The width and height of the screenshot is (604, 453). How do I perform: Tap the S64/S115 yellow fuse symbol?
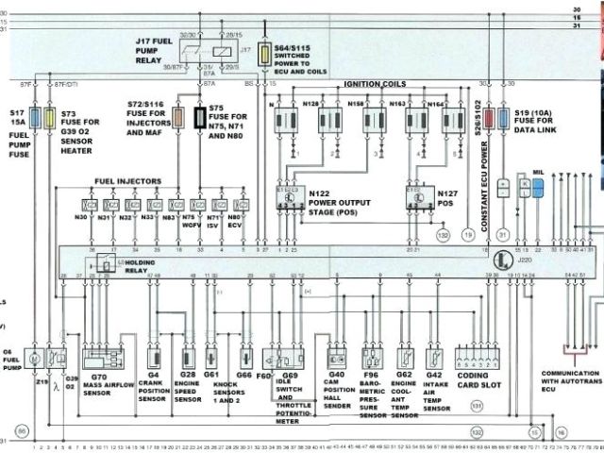(x=266, y=53)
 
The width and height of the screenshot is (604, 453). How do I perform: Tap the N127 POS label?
(x=452, y=197)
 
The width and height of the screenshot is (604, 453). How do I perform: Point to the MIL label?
(x=538, y=174)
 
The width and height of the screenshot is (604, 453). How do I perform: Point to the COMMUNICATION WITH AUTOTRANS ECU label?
(x=570, y=379)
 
